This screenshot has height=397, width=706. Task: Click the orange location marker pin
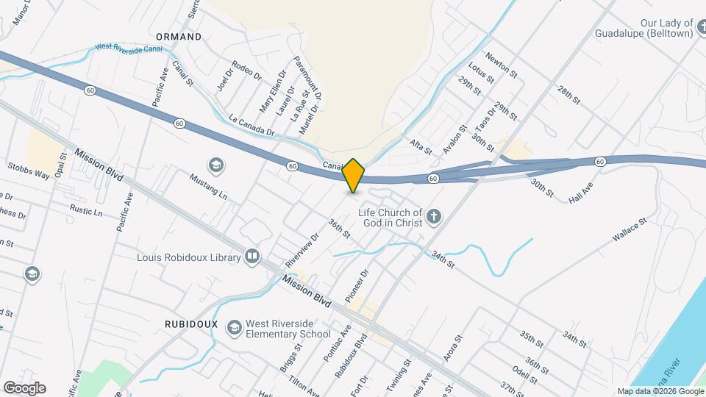pos(354,176)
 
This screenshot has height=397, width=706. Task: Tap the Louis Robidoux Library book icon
pos(252,257)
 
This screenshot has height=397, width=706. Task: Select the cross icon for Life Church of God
pos(435,217)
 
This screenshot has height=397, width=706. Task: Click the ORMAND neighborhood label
pos(179,36)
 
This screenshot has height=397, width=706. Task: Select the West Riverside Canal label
pos(129,48)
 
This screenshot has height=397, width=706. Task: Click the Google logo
pos(24,387)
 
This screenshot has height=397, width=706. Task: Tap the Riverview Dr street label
pos(302,249)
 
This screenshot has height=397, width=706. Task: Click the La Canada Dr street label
pos(251,126)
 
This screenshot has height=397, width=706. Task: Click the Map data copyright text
pos(659,391)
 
